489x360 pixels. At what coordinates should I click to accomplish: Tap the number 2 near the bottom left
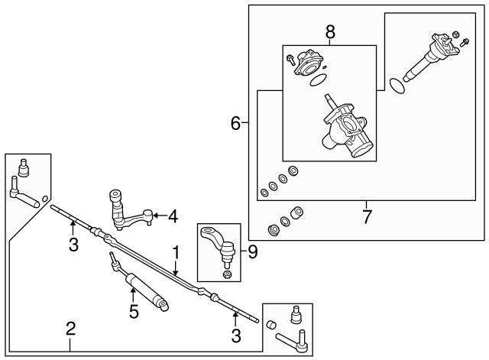[70, 329]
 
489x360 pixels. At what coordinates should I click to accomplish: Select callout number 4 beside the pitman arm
[173, 216]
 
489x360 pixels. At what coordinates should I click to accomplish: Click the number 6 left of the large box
[236, 122]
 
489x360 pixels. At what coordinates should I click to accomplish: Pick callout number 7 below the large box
[367, 216]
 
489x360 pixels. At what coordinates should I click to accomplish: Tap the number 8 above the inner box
[329, 34]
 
